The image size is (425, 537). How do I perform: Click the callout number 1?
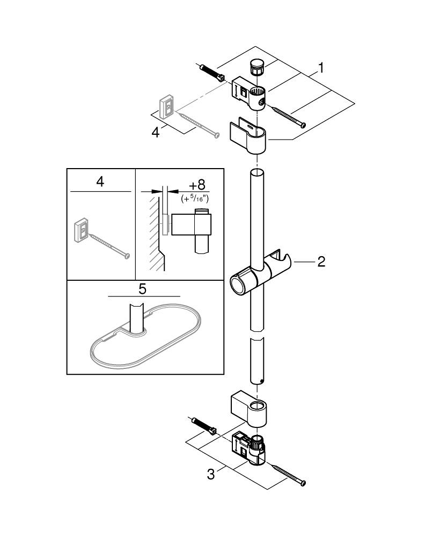320,68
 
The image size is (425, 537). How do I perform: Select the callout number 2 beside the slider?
321,262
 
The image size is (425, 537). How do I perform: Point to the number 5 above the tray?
142,289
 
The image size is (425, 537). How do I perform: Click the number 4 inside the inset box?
100,182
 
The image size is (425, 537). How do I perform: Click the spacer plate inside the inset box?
80,230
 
